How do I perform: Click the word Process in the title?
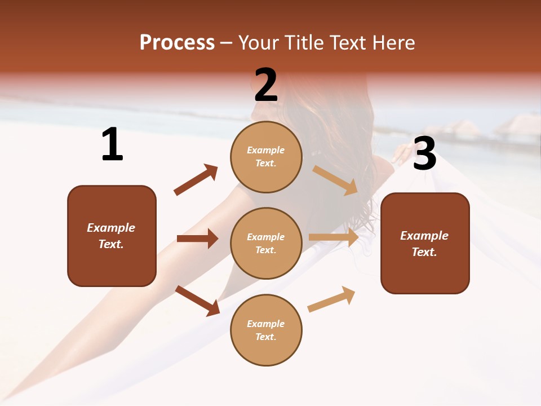click(177, 43)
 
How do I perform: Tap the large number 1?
click(112, 145)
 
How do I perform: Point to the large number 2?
click(266, 85)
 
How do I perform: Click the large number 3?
click(424, 155)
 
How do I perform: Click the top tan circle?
click(266, 157)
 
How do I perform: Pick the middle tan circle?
click(266, 243)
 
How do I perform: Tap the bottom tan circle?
click(266, 330)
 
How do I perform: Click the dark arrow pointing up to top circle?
click(196, 180)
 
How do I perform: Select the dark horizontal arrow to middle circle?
click(197, 239)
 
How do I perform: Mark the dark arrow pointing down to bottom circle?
click(197, 301)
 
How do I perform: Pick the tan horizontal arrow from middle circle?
click(334, 237)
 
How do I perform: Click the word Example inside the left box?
click(111, 228)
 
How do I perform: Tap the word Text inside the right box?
click(424, 252)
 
